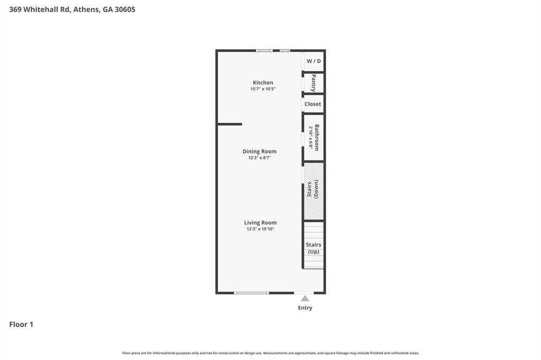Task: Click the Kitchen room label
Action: click(263, 82)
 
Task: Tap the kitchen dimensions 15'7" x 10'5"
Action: click(263, 89)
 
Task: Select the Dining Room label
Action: click(259, 151)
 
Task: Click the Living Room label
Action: click(260, 223)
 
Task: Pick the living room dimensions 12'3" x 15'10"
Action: click(260, 229)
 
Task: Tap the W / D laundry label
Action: click(314, 61)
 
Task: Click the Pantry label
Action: click(314, 83)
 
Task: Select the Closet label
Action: click(313, 104)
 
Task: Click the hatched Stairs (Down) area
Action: click(314, 191)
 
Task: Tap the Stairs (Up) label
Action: click(314, 248)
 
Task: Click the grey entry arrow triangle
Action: click(305, 298)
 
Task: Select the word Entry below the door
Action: click(305, 308)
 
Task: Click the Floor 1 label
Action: click(21, 325)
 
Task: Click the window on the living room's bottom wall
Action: click(251, 293)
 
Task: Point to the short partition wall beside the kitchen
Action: click(230, 124)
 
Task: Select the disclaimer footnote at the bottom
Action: click(270, 353)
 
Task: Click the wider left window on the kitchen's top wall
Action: click(265, 51)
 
